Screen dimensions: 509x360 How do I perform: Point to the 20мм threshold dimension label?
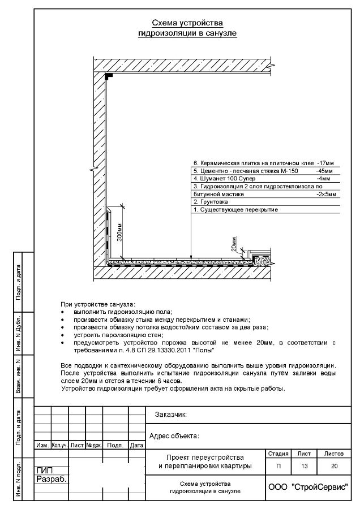(234, 244)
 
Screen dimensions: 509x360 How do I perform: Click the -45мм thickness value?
(325, 170)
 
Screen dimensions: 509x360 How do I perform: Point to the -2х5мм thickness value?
(325, 194)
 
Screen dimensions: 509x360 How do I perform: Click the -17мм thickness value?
(327, 162)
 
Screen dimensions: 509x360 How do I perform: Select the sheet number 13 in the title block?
(305, 467)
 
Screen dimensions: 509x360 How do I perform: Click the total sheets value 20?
(334, 467)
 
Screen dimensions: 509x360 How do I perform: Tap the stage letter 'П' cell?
(277, 467)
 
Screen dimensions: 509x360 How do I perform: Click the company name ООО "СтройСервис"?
(307, 487)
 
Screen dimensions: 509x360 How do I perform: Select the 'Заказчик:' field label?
(170, 415)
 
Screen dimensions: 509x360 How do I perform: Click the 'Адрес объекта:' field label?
(174, 436)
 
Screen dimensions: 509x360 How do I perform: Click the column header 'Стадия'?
(277, 454)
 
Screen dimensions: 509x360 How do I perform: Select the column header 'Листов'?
(334, 454)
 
